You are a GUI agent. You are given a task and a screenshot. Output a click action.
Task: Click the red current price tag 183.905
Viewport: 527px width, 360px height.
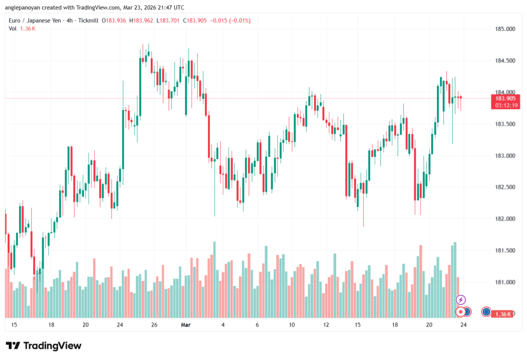505,98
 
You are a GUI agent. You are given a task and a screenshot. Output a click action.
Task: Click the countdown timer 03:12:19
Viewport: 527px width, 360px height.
505,105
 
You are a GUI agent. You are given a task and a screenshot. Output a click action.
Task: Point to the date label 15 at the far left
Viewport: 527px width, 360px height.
14,325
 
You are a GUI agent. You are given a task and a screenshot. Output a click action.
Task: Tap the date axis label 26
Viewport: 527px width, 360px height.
154,325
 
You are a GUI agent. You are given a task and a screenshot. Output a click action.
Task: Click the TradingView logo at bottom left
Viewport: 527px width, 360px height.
43,346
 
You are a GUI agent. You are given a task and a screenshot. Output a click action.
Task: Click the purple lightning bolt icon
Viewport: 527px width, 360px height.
461,300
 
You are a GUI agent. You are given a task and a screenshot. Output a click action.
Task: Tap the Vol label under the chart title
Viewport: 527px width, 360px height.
12,28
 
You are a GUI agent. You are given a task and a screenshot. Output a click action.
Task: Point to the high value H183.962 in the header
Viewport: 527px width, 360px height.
141,21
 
